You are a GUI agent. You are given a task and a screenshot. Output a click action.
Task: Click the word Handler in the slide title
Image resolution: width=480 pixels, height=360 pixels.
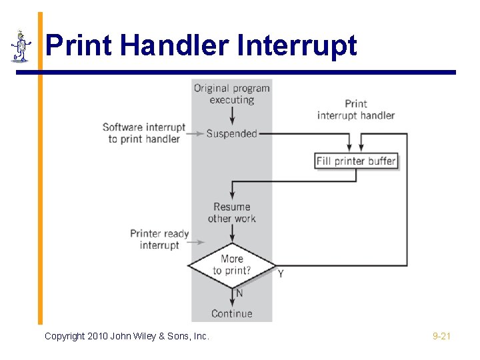177,46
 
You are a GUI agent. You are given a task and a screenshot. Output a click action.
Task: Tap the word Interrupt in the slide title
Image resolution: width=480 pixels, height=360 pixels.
297,46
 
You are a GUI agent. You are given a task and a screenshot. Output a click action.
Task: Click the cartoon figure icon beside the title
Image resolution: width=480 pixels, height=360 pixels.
21,46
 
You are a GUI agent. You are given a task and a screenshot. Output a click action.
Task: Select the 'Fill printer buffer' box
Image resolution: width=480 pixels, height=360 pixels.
356,161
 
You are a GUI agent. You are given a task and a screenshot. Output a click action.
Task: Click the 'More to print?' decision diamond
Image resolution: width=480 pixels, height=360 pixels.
231,265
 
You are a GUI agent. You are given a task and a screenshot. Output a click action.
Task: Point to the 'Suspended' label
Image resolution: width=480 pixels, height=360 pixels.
231,133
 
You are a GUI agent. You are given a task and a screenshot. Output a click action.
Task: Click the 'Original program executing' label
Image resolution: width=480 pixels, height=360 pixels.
231,94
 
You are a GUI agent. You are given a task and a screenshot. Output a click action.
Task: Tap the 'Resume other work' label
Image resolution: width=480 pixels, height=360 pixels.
231,213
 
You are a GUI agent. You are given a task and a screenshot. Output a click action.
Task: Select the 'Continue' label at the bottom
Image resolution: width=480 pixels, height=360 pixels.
231,313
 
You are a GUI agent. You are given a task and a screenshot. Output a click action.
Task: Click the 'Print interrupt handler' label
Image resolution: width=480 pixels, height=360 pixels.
356,109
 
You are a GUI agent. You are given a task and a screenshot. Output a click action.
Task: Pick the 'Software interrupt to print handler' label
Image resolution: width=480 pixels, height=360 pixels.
144,133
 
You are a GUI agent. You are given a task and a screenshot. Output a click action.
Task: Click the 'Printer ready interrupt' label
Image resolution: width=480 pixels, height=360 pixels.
159,239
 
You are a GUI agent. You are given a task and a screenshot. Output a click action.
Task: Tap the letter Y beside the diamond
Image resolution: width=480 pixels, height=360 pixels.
281,274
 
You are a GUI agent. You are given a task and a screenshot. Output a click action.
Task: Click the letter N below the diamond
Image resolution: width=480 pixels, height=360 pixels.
239,293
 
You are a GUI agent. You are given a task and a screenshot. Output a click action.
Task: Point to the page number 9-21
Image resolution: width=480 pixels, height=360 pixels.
441,337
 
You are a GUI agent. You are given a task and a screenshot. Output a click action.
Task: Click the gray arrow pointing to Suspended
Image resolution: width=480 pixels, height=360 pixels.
194,133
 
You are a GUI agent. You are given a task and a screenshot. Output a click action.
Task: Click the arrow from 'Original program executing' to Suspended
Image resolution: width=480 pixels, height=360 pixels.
231,116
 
